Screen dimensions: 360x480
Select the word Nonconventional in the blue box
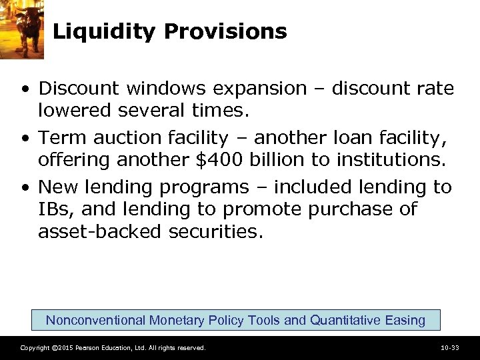[x=95, y=320]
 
